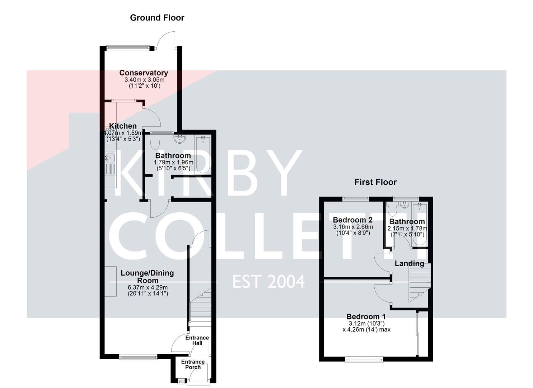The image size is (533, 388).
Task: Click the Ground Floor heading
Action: coord(157,18)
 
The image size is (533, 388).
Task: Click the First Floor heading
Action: coord(375,182)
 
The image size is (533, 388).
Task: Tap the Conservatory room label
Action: coord(144,73)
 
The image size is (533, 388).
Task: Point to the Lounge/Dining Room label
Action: coord(147,277)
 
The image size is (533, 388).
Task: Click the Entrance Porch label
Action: coord(193,364)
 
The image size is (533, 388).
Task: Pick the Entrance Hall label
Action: coord(197,340)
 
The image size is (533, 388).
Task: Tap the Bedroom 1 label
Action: coord(366,317)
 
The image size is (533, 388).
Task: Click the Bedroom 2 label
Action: coord(352,220)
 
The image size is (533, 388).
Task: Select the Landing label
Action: coord(409,263)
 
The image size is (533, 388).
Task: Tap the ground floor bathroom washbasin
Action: coord(179,138)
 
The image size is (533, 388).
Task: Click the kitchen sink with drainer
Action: coord(111,169)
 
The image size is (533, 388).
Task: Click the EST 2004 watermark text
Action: coord(268,281)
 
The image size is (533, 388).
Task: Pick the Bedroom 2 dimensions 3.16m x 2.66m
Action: coord(353,227)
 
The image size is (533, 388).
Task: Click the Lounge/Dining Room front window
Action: coord(138,357)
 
